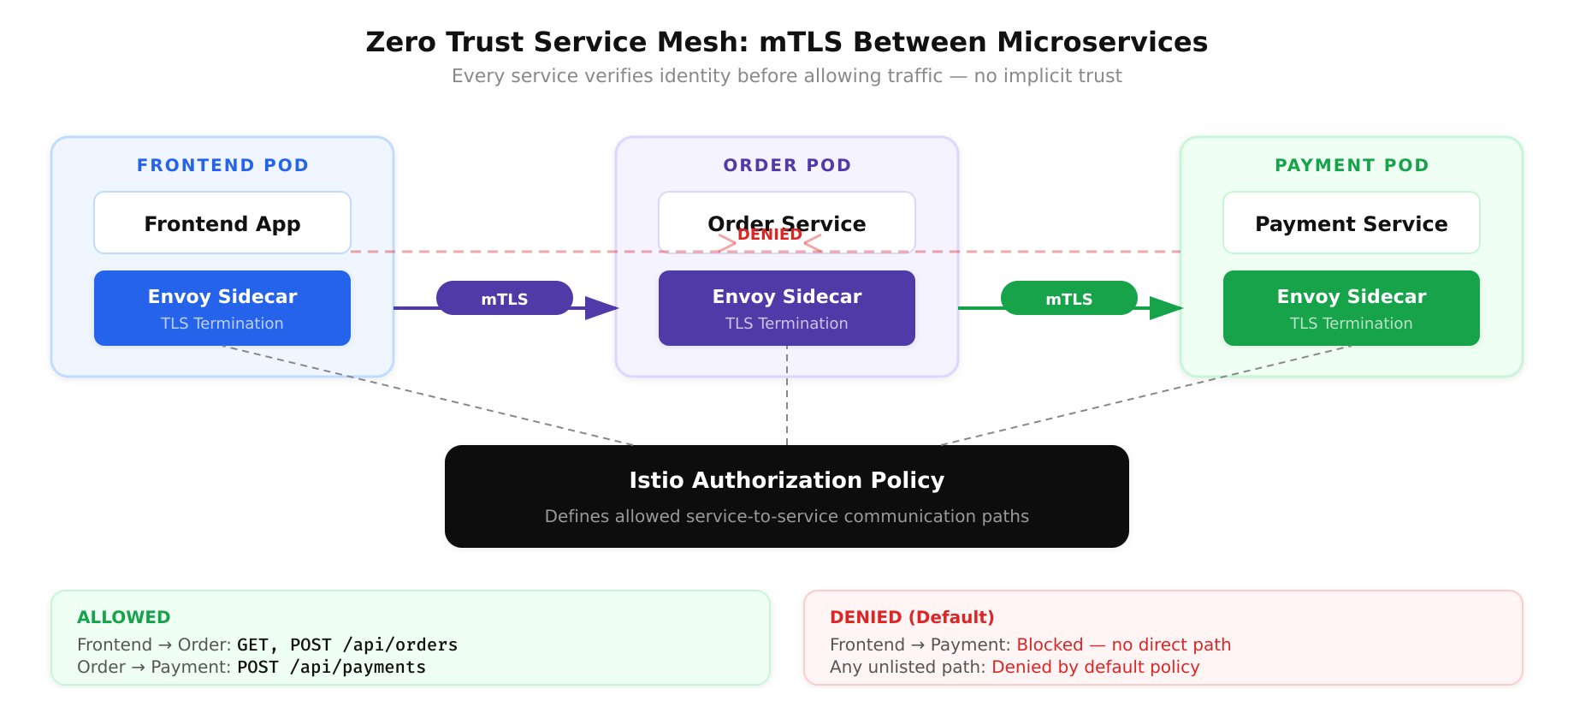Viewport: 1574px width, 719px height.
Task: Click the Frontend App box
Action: tap(222, 223)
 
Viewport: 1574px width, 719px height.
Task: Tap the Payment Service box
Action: tap(1351, 223)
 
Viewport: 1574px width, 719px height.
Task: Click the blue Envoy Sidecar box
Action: tap(222, 308)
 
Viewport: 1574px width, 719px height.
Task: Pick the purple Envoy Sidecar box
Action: tap(786, 308)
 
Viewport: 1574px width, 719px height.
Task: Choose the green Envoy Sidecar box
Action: tap(1351, 308)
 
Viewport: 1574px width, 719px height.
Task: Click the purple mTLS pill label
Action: tap(504, 299)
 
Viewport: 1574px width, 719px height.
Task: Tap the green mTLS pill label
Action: tap(1068, 299)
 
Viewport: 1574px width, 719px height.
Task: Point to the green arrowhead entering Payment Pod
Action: tap(1166, 308)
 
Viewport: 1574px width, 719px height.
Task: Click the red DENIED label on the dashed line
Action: tap(769, 235)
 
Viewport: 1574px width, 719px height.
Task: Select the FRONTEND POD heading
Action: tap(222, 165)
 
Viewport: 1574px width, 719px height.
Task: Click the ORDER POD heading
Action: tap(787, 165)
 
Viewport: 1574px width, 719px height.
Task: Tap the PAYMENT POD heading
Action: tap(1352, 165)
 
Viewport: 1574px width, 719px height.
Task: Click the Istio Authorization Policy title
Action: tap(786, 480)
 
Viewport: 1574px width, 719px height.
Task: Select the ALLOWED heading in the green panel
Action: tap(123, 617)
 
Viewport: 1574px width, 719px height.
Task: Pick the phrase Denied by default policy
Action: tap(1095, 667)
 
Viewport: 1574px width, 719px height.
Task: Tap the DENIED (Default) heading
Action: tap(912, 617)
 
